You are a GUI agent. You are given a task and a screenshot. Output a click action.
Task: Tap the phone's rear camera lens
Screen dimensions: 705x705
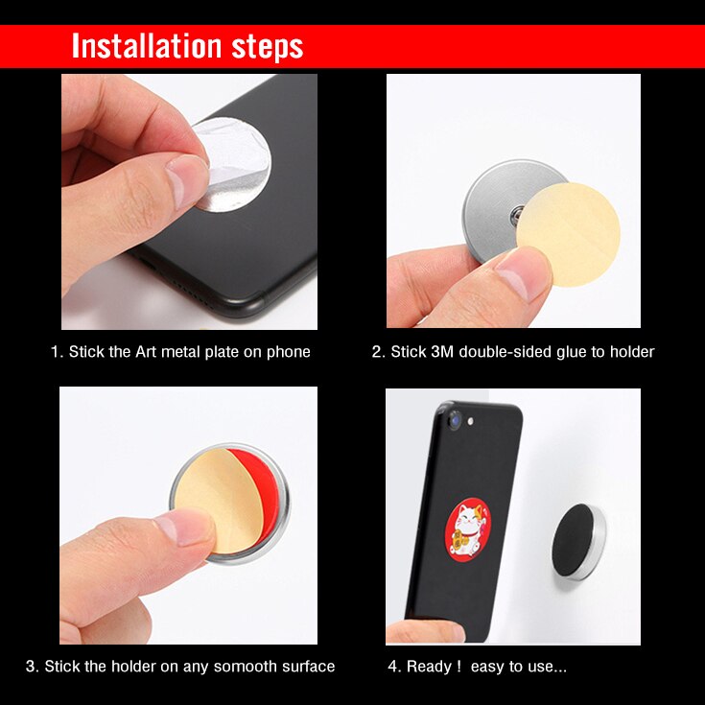coord(454,419)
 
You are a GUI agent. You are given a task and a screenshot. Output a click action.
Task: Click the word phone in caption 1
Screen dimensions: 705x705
coord(290,352)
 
